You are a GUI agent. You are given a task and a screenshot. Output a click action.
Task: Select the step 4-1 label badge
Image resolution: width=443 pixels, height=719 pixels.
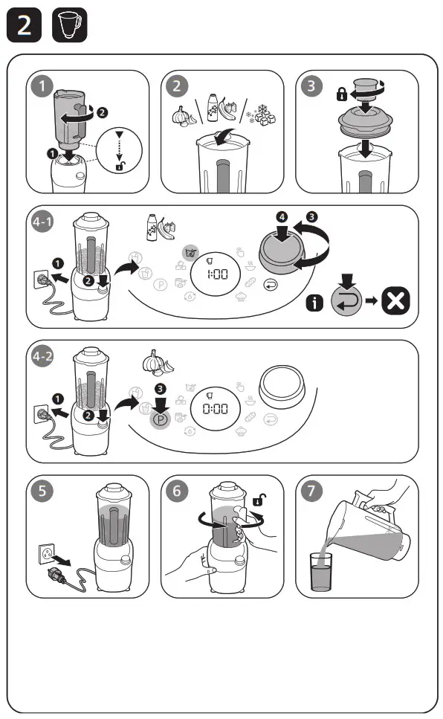[43, 223]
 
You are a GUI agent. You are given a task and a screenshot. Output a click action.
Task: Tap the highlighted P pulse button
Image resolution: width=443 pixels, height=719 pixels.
[159, 419]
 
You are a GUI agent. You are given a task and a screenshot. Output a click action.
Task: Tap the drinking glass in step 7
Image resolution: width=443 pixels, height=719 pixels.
[322, 572]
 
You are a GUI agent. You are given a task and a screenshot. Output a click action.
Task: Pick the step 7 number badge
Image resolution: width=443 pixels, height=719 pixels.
[311, 491]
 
